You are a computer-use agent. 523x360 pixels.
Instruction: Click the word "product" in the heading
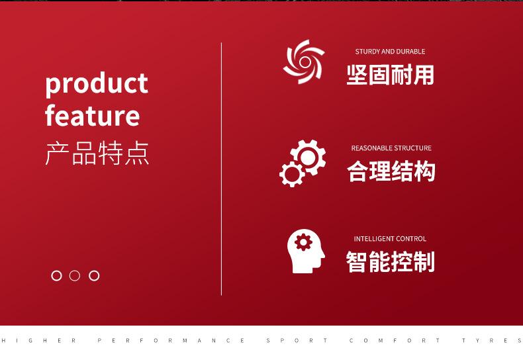point(97,84)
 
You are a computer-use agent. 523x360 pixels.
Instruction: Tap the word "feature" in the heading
point(93,115)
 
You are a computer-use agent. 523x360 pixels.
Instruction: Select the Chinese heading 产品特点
point(97,154)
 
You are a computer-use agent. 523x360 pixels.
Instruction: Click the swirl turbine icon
point(304,62)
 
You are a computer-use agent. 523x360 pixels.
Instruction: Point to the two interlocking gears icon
point(303,163)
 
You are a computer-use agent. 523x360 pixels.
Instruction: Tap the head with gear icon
point(306,251)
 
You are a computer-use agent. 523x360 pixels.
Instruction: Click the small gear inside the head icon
point(303,242)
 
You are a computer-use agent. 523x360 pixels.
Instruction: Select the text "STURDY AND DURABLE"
point(390,52)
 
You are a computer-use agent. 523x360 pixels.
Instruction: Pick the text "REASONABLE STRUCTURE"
point(391,148)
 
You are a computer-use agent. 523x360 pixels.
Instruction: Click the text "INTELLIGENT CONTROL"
point(390,239)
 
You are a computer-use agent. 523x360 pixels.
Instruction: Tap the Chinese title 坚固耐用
point(390,75)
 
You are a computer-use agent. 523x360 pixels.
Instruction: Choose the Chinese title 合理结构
point(391,171)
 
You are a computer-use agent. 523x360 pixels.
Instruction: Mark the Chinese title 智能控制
point(390,261)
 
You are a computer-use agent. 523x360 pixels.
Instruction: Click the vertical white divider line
point(222,169)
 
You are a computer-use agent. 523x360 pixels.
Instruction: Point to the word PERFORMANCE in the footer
point(171,341)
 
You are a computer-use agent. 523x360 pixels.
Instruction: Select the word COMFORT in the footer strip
point(395,341)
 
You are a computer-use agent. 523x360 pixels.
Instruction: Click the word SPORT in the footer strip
point(297,341)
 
